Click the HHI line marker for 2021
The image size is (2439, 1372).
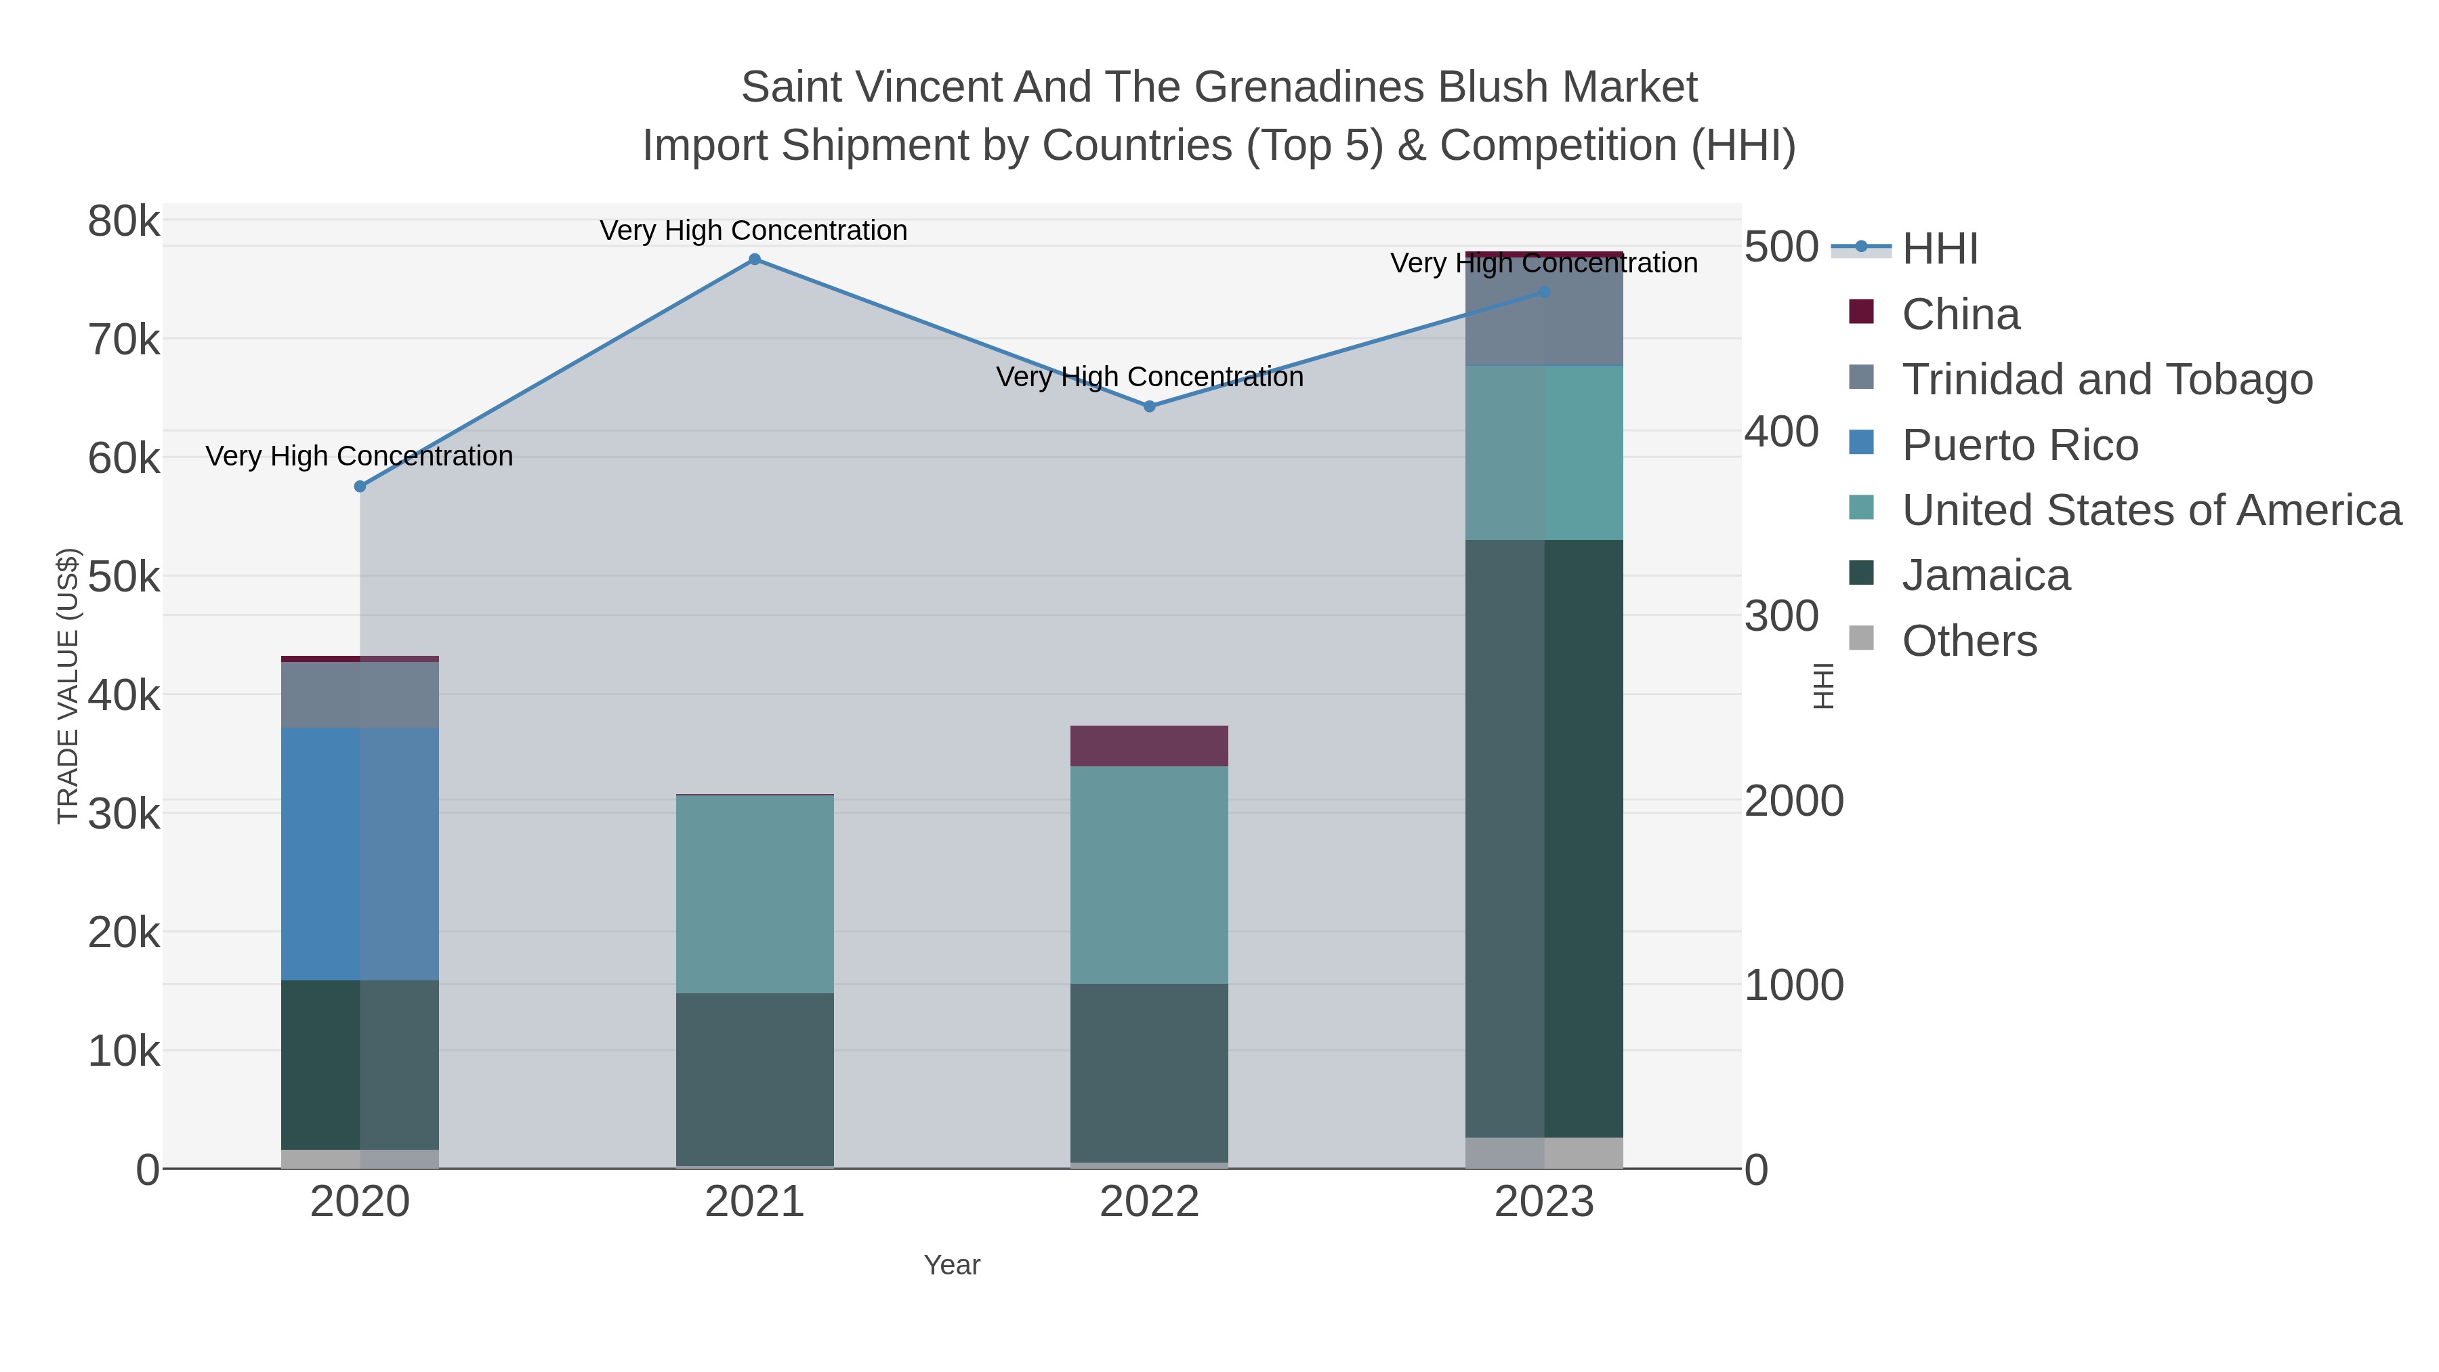755,259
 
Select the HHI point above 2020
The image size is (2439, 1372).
360,486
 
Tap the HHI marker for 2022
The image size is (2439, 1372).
1150,407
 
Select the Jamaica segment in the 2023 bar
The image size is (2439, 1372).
1544,838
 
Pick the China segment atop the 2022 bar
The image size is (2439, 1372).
1150,746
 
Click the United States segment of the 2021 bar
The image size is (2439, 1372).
755,894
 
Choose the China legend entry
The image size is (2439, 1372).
1960,314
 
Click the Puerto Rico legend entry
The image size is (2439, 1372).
2020,445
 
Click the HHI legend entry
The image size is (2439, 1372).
1939,249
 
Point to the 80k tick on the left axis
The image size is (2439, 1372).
124,222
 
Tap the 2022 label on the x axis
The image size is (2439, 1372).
1150,1203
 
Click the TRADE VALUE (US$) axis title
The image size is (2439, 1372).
68,686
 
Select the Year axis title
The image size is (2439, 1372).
952,1265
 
